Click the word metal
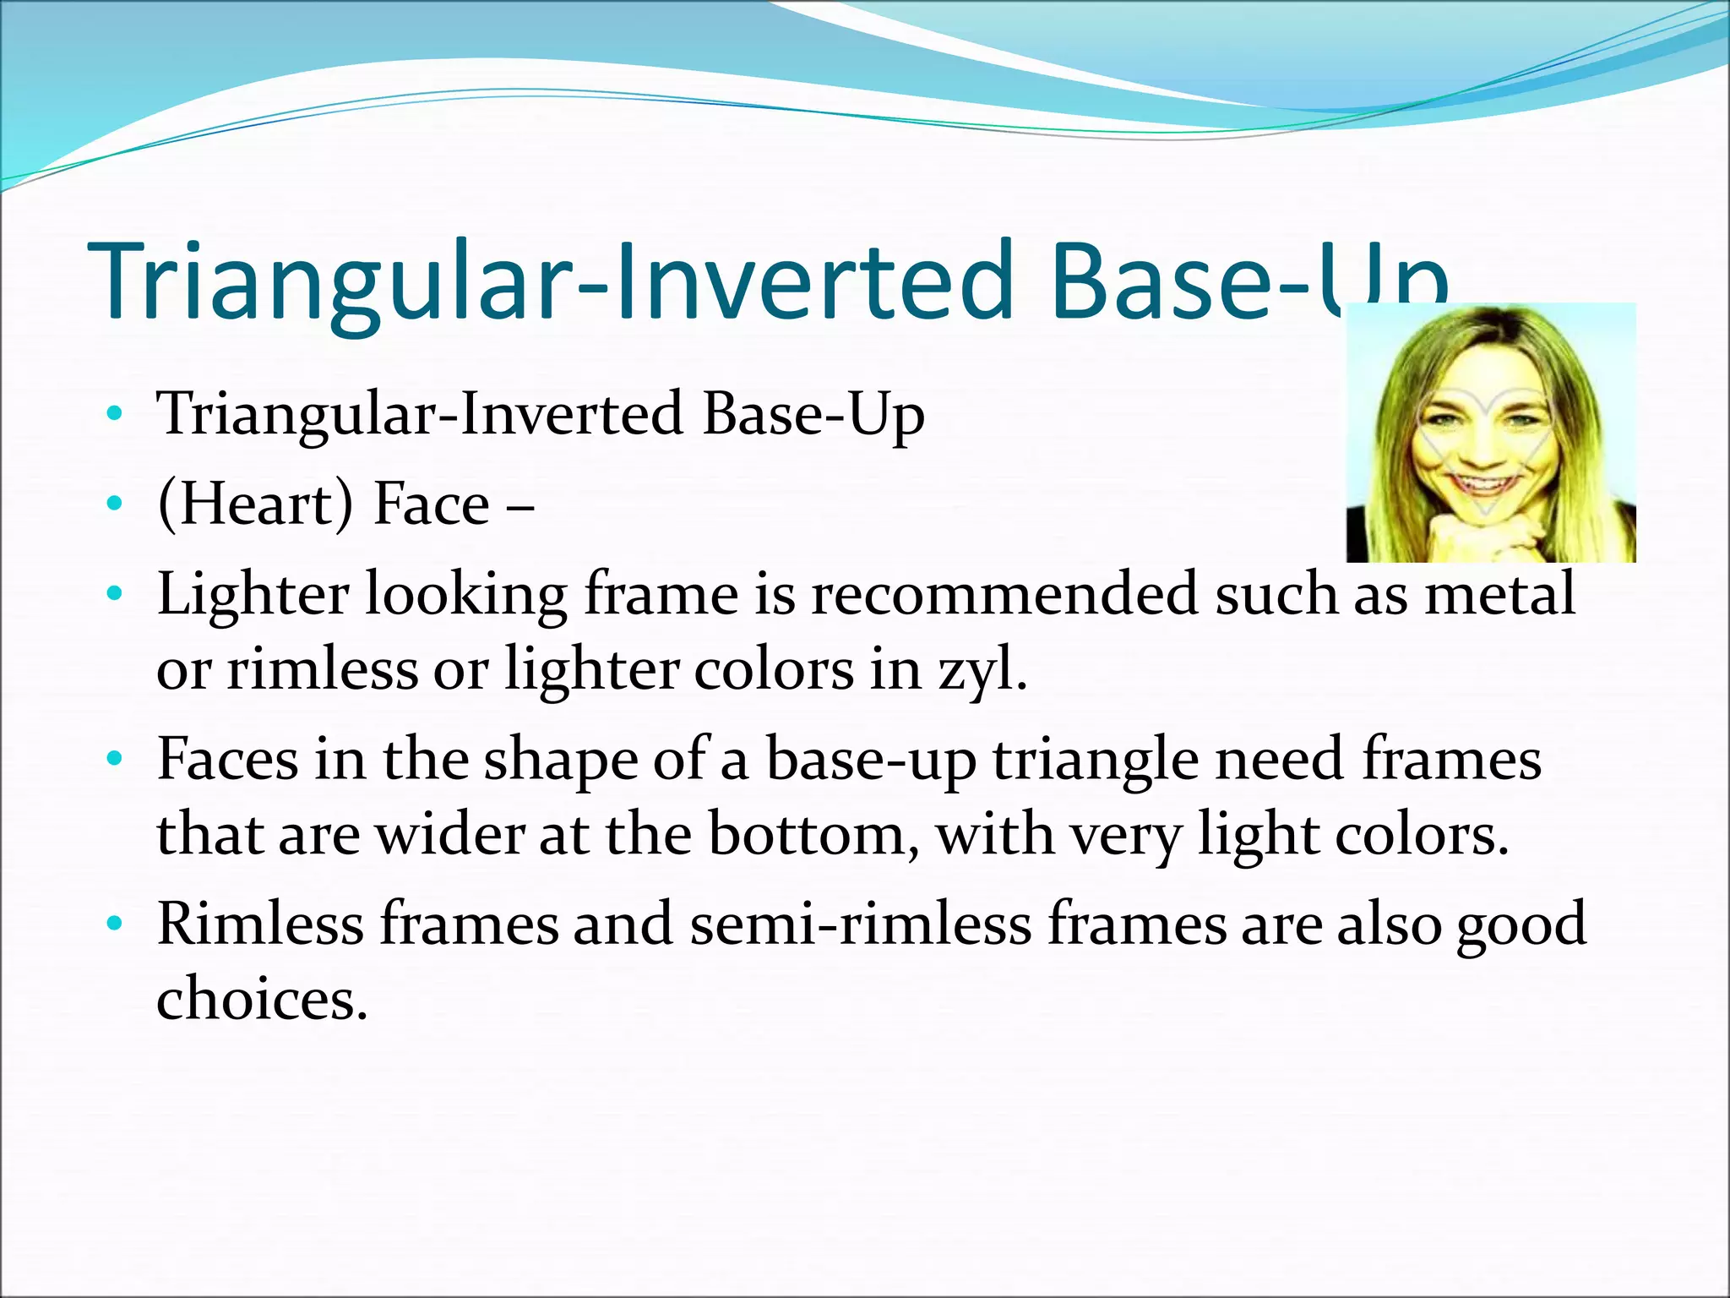[1500, 593]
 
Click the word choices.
[262, 999]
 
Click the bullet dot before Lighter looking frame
[115, 595]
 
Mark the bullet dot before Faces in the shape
[115, 760]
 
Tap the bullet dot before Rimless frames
[115, 924]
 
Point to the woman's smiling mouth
[1484, 485]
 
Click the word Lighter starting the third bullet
[253, 593]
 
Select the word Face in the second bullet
[432, 504]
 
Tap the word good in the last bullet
[1521, 924]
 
